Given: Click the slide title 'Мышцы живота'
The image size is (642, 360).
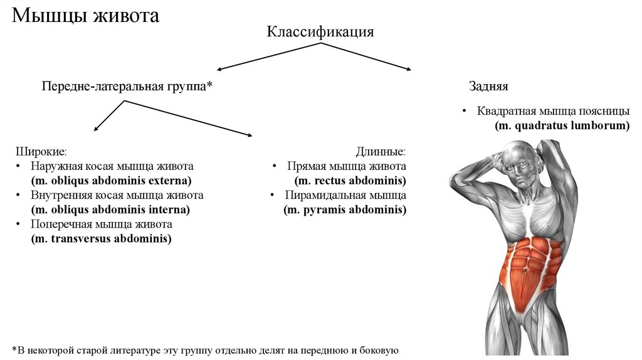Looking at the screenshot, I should click(x=85, y=16).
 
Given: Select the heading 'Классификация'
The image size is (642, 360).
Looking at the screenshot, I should click(x=320, y=31).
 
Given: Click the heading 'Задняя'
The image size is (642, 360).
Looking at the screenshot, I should click(x=488, y=87).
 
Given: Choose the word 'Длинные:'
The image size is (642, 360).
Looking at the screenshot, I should click(x=381, y=152).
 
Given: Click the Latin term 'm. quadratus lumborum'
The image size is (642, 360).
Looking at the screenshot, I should click(x=562, y=125).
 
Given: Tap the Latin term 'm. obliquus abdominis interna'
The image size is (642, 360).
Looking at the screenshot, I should click(x=110, y=209).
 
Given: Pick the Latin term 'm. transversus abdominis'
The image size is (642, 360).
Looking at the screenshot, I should click(x=101, y=238).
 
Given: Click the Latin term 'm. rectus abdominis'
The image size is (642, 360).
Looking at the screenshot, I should click(x=350, y=181).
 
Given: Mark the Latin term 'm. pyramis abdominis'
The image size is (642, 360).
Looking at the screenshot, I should click(x=345, y=209).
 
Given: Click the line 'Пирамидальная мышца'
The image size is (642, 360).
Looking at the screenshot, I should click(x=345, y=195).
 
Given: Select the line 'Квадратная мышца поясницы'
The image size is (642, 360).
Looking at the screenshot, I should click(x=553, y=111).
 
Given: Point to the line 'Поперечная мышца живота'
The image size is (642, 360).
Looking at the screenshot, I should click(x=101, y=224).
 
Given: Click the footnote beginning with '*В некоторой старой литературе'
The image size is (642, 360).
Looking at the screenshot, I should click(x=205, y=349).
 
